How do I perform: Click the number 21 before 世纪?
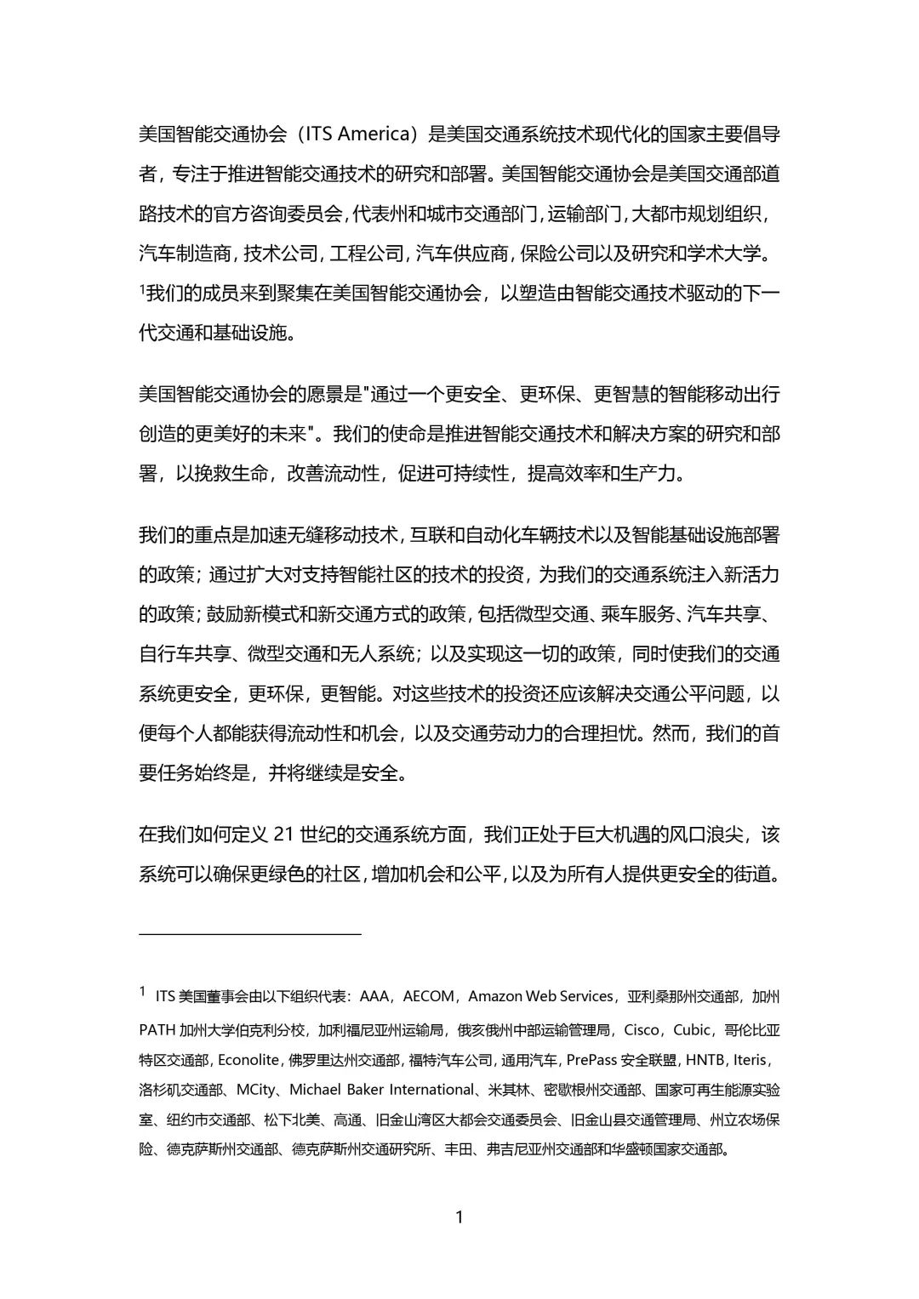point(284,834)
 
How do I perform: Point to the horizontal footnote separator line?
point(250,934)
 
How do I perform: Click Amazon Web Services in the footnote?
point(540,996)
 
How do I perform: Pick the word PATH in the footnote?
point(157,1030)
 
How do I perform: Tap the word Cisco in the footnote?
point(642,1030)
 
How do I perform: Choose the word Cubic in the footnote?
point(692,1030)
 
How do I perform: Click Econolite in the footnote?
point(248,1060)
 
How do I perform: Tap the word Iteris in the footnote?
point(751,1060)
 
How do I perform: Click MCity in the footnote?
point(256,1090)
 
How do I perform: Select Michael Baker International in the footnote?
point(382,1090)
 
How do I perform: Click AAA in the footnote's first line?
point(374,996)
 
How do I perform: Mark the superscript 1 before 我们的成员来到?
point(142,290)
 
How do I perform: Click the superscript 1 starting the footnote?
point(143,991)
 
